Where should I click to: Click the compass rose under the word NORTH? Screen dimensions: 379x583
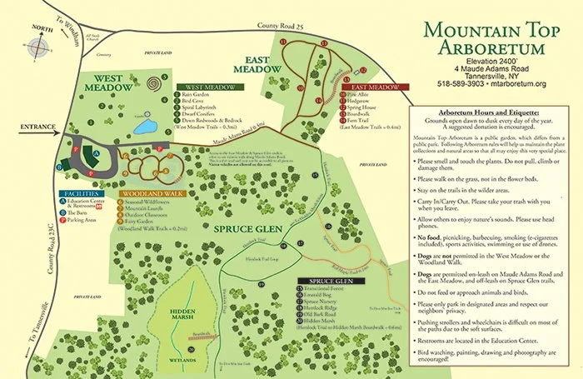pyautogui.click(x=37, y=48)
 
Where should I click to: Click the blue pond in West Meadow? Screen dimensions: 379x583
pyautogui.click(x=145, y=127)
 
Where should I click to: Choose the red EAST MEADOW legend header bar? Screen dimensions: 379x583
pyautogui.click(x=371, y=87)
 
